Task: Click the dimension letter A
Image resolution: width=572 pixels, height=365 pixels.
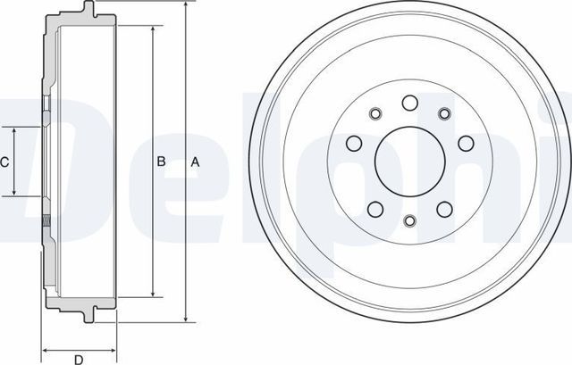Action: [x=195, y=162]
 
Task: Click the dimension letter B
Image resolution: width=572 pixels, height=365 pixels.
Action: [x=162, y=162]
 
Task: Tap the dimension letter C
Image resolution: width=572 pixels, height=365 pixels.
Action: [x=4, y=162]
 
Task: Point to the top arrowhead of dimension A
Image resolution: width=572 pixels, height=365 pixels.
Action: [x=185, y=6]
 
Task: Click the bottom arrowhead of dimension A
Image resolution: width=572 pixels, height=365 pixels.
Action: [x=185, y=318]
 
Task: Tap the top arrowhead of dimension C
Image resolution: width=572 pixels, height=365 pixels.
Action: [x=15, y=130]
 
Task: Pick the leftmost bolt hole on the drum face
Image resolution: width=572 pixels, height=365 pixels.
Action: [x=351, y=143]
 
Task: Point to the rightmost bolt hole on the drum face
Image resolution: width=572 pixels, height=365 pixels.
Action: [x=465, y=143]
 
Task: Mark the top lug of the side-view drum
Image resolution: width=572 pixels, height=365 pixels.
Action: [x=88, y=12]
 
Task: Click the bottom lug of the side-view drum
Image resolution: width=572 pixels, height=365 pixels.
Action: [x=88, y=313]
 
